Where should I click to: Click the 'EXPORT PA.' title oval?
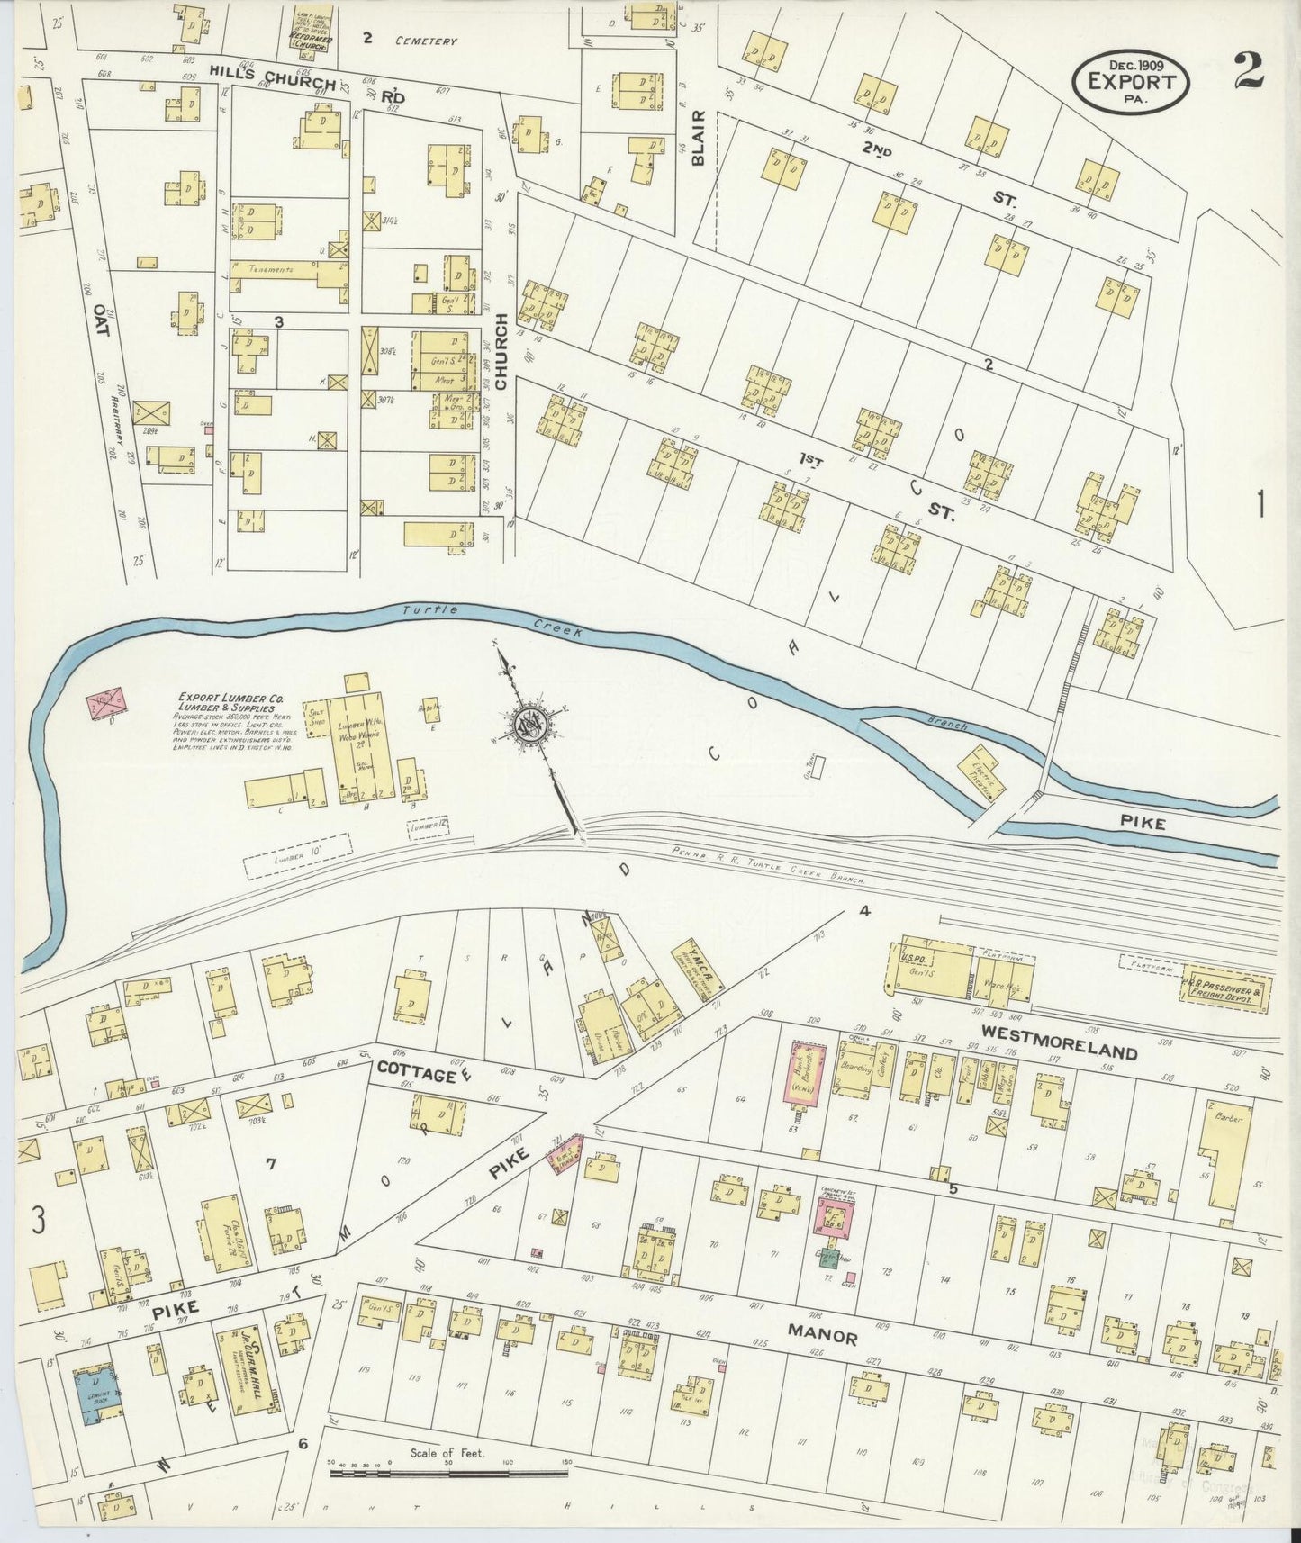click(1131, 80)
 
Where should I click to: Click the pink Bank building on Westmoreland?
click(806, 1074)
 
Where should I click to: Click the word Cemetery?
click(423, 41)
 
